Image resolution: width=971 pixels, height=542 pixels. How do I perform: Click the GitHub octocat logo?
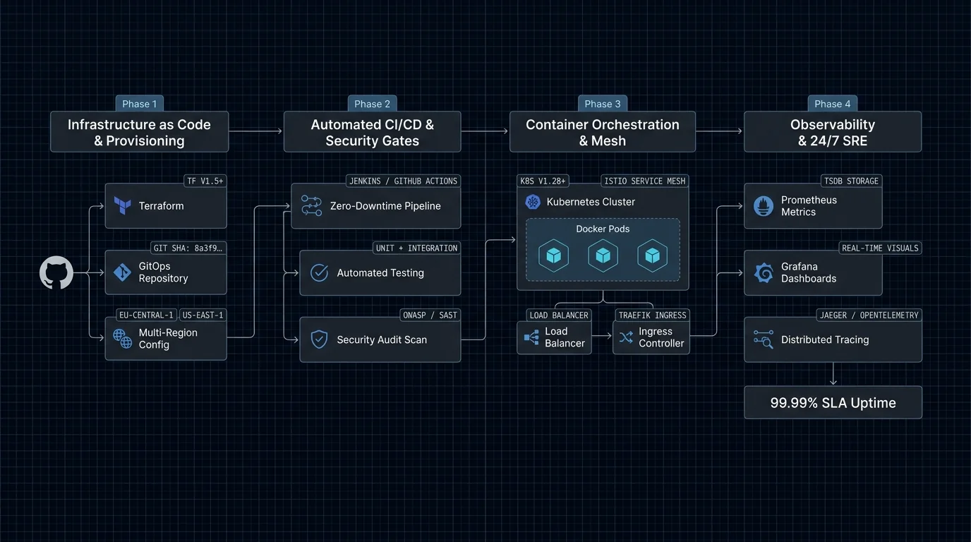[x=56, y=272]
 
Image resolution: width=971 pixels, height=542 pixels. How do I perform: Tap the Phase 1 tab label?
[x=139, y=104]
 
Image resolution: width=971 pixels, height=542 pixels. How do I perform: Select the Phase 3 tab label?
[x=603, y=104]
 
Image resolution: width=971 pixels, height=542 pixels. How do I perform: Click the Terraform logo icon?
[x=122, y=205]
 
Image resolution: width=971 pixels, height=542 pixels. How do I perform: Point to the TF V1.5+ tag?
[x=205, y=181]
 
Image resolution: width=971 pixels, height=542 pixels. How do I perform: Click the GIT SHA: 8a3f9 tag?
[x=188, y=248]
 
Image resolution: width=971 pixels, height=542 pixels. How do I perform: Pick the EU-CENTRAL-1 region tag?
[x=146, y=315]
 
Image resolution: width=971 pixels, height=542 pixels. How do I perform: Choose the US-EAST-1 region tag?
[x=203, y=315]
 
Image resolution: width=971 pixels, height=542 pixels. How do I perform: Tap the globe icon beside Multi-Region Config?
[x=122, y=339]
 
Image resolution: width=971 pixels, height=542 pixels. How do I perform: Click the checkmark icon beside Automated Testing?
[x=319, y=272]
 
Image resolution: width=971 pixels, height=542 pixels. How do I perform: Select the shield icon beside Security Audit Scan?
[x=319, y=339]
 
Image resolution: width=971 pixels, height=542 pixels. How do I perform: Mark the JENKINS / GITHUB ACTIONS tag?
[x=403, y=181]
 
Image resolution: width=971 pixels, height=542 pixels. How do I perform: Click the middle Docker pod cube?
[x=603, y=255]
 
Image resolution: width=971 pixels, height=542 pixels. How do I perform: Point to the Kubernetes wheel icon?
[x=533, y=202]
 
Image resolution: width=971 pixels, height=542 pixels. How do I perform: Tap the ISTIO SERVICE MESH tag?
[x=644, y=181]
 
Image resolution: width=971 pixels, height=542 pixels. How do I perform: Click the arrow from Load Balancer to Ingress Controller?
[x=602, y=336]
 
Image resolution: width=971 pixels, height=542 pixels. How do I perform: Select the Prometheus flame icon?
[x=764, y=206]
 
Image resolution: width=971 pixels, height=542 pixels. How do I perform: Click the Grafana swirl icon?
[x=764, y=272]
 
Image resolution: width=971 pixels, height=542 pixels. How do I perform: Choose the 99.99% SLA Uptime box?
[x=833, y=402]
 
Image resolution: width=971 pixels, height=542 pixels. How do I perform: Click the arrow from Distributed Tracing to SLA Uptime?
[x=833, y=373]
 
